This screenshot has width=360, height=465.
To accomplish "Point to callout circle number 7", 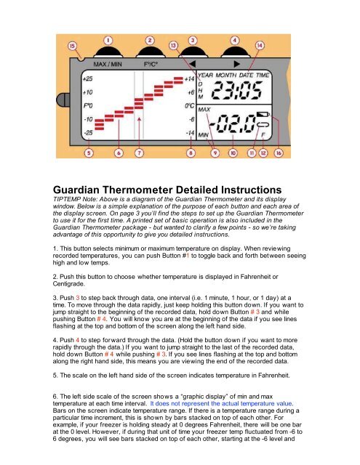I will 139,153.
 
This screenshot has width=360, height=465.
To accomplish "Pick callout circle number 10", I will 233,153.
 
